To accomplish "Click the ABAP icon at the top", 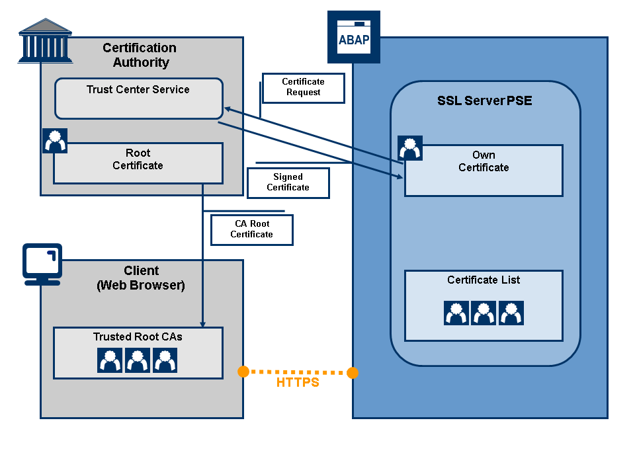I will (354, 37).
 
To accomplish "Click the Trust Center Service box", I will (138, 99).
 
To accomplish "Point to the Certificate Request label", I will (304, 87).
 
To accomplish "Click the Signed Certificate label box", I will (288, 182).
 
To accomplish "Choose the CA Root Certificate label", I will (251, 229).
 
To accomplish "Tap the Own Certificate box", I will (484, 170).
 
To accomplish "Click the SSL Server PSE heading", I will (485, 101).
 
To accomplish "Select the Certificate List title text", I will (484, 280).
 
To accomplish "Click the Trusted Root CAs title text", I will (138, 337).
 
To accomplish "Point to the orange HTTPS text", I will (298, 383).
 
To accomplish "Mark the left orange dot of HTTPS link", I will (243, 372).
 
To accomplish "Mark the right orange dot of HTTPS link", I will (353, 374).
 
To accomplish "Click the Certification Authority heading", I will (140, 56).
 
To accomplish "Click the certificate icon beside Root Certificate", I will (55, 141).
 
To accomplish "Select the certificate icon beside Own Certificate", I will (410, 148).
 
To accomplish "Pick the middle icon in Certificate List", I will (484, 313).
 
